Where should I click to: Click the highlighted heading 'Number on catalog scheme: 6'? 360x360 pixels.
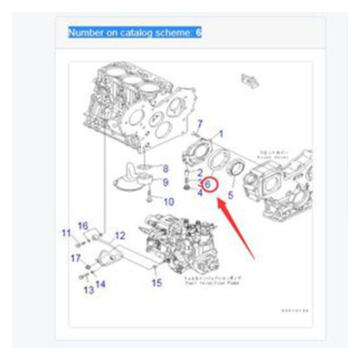click(x=135, y=33)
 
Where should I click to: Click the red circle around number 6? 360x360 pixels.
click(x=210, y=184)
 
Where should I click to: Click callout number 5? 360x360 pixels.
click(x=230, y=195)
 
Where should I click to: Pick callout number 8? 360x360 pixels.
click(x=165, y=168)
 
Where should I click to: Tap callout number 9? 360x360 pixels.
click(x=165, y=182)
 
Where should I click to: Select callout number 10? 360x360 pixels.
click(x=168, y=202)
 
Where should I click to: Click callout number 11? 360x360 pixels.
click(x=66, y=233)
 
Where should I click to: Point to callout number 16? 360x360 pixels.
click(x=83, y=226)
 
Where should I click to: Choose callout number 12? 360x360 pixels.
click(x=120, y=236)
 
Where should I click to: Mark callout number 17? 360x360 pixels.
click(x=76, y=259)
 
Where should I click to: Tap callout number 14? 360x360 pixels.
click(x=100, y=284)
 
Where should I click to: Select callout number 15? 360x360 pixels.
click(x=157, y=283)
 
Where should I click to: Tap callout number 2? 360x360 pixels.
click(x=200, y=171)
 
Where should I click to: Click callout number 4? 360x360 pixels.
click(x=200, y=193)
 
